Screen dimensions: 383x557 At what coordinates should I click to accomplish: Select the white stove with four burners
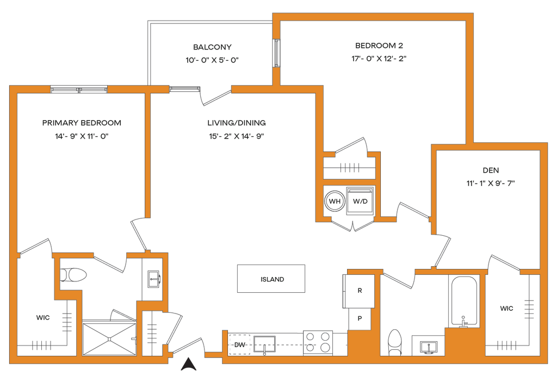coord(318,342)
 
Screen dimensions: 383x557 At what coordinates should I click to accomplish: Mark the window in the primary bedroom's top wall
coord(79,90)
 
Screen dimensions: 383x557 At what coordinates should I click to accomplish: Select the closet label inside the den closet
coord(506,309)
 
